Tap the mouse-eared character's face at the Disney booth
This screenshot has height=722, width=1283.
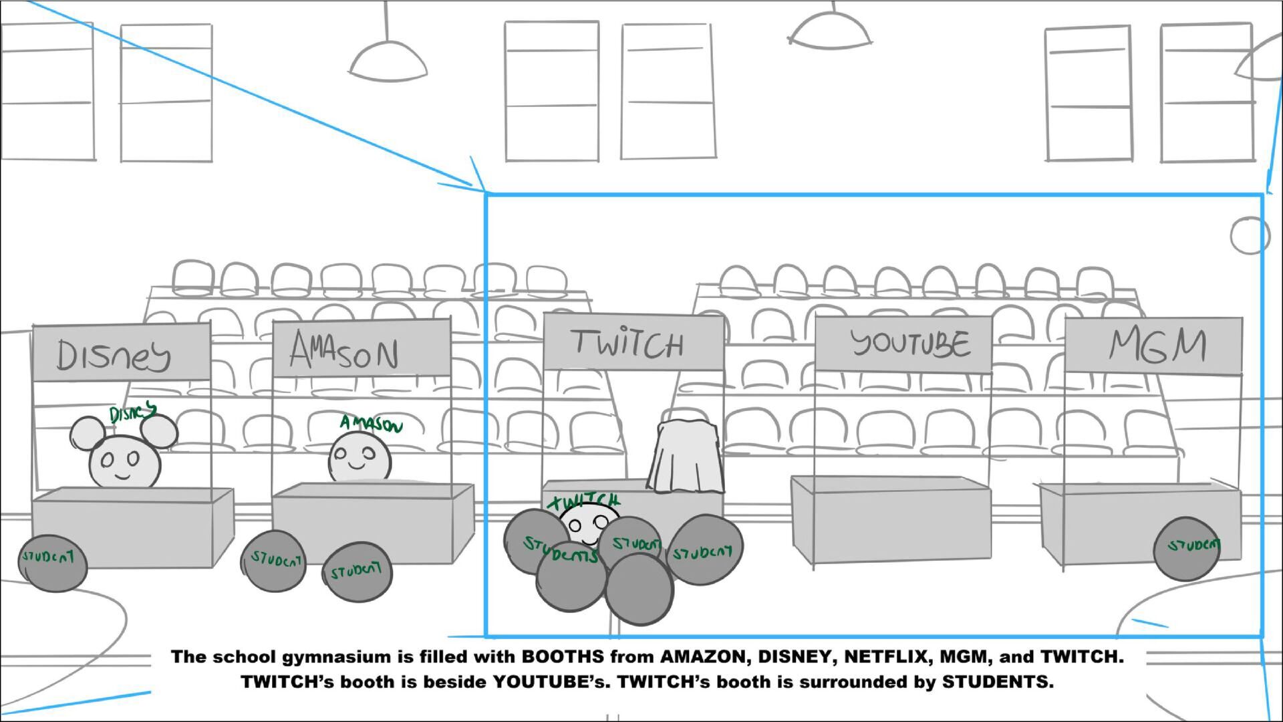(125, 461)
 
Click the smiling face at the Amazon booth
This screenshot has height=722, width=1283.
(359, 457)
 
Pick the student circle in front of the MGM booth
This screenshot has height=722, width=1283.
(1186, 548)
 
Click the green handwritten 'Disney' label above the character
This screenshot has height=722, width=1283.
(132, 414)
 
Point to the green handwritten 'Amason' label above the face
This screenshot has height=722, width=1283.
(371, 423)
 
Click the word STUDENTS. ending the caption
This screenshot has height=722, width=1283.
(998, 683)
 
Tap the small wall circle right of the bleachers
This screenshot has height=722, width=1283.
(1249, 235)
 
